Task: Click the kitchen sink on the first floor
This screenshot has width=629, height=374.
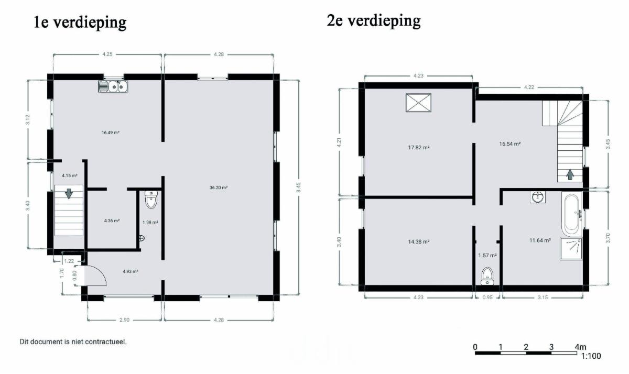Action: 113,86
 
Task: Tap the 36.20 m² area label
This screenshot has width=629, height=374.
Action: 219,188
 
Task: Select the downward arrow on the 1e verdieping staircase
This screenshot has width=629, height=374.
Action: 69,194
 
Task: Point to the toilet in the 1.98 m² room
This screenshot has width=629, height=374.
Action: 151,200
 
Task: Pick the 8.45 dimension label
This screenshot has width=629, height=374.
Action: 298,188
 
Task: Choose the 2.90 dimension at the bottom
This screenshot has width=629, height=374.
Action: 124,320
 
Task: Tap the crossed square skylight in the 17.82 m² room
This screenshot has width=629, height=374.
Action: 418,103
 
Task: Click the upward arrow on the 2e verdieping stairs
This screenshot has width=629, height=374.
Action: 570,174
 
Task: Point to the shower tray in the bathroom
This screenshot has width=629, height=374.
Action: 571,249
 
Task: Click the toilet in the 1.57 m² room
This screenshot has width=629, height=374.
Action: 487,276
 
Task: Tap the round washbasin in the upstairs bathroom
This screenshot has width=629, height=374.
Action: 538,197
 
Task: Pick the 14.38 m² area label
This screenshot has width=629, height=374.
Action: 419,241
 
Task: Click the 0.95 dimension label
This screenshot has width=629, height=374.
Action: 487,298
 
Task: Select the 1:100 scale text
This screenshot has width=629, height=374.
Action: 591,356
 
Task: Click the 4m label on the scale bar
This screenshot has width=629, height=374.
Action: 580,347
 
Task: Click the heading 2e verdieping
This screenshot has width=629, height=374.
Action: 374,20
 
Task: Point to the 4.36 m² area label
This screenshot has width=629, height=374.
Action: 112,221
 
